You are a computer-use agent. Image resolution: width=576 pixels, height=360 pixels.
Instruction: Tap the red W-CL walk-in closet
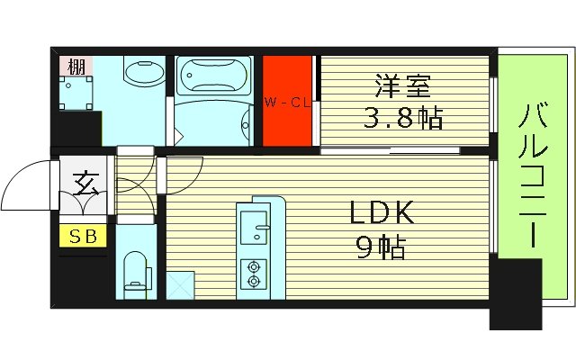pyautogui.click(x=287, y=101)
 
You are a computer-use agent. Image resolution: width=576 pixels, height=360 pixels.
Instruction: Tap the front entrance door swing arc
pyautogui.click(x=27, y=184)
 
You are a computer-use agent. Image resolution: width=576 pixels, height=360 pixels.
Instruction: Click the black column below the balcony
pyautogui.click(x=515, y=292)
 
